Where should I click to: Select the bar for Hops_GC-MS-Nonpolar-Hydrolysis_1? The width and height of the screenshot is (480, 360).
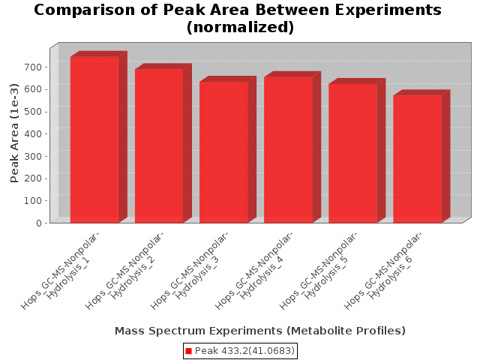click(95, 139)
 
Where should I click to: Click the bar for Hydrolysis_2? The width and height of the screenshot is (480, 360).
click(160, 145)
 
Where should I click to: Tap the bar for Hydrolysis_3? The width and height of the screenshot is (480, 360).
click(224, 151)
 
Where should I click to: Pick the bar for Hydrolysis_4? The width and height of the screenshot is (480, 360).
click(289, 150)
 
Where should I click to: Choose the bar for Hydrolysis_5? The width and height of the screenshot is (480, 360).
click(353, 153)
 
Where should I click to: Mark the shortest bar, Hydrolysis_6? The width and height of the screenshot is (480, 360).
click(418, 159)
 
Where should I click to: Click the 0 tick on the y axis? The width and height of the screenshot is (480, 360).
click(39, 223)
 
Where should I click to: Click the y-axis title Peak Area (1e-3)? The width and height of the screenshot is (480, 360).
click(14, 133)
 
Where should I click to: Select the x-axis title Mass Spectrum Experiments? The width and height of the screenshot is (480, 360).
click(199, 331)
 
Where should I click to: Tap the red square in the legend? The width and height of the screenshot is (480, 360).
click(188, 351)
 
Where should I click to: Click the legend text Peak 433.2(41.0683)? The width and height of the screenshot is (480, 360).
click(244, 351)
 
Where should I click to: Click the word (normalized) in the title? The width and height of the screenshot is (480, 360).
click(240, 27)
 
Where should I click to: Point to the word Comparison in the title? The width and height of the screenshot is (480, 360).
click(85, 10)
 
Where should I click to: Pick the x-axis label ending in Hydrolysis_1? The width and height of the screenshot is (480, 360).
click(61, 270)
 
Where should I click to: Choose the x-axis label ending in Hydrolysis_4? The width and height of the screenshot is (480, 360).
click(254, 270)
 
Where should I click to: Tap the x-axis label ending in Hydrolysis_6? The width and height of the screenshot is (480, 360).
click(383, 270)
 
